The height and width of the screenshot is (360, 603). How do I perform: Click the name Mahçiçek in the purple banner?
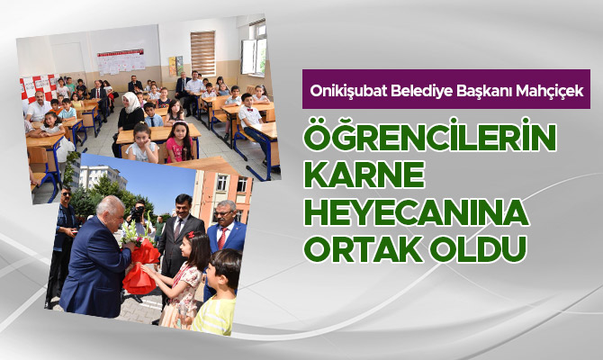[x=549, y=91]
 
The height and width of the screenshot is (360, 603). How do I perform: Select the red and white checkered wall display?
[x=38, y=87]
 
